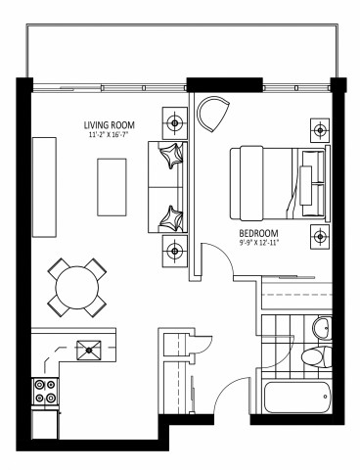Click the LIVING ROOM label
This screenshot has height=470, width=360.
110,124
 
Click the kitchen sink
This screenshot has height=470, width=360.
91,346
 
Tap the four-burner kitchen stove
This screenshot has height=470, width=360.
45,392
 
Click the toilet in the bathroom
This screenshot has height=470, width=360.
312,356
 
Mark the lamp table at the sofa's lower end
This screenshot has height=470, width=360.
175,249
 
